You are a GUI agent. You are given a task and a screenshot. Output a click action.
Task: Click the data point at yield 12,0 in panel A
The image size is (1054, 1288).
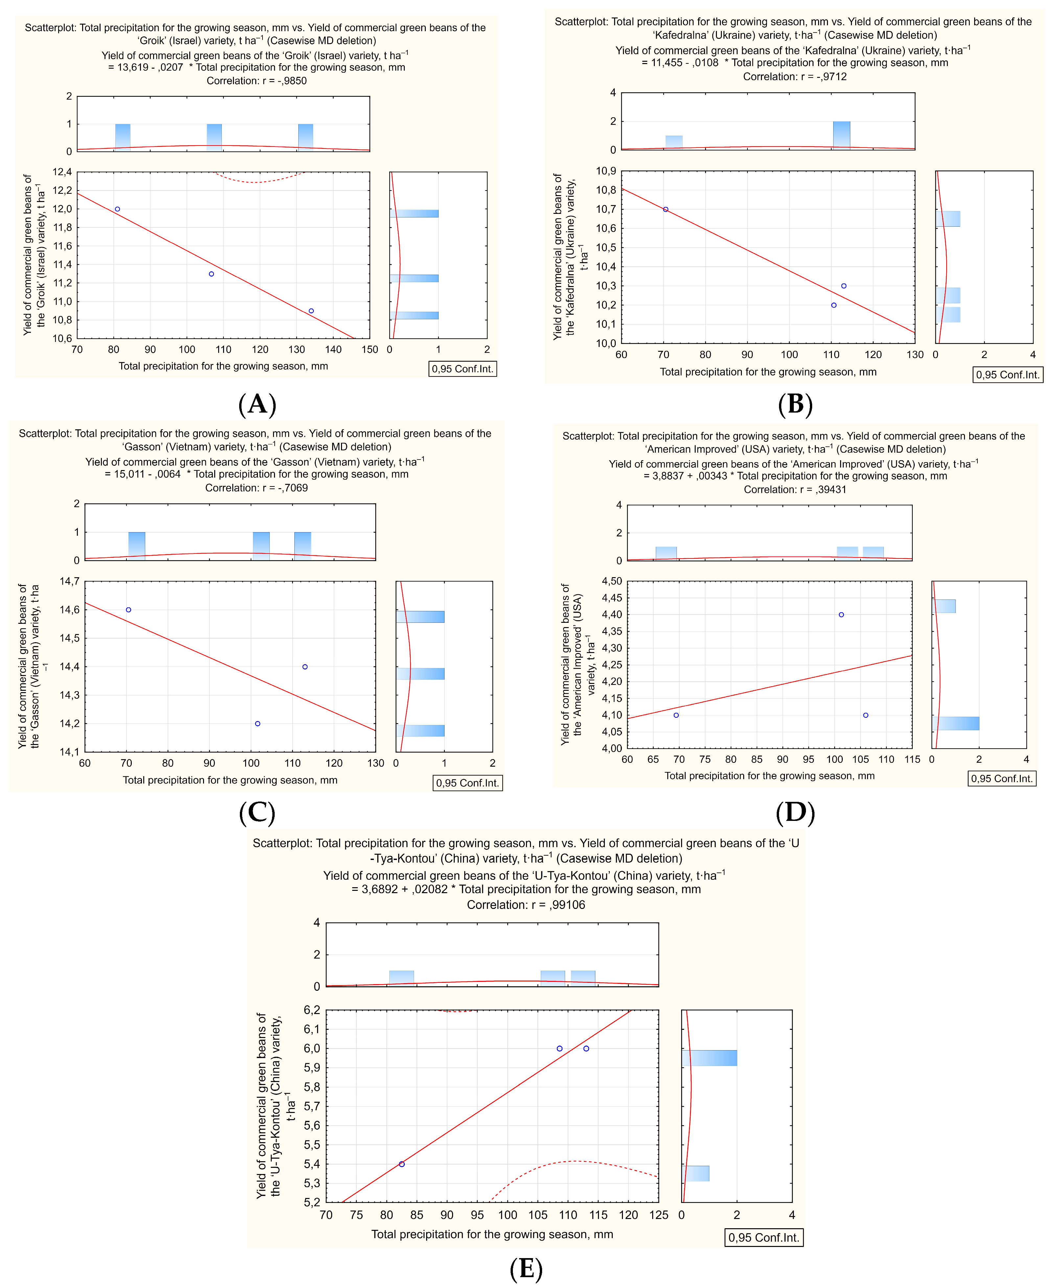[x=117, y=209]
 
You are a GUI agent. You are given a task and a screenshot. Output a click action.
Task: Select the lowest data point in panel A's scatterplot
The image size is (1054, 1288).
[x=311, y=311]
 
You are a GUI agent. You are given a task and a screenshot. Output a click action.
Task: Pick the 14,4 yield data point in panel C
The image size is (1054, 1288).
[x=305, y=667]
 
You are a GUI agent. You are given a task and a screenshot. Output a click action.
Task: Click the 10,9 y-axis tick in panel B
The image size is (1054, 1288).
[x=605, y=171]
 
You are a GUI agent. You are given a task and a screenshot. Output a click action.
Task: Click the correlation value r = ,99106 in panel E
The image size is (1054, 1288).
[x=526, y=904]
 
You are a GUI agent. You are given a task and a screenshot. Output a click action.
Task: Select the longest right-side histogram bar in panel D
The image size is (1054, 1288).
[x=956, y=723]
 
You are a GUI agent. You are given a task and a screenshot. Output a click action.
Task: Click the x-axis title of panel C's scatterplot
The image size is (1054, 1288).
[x=230, y=780]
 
